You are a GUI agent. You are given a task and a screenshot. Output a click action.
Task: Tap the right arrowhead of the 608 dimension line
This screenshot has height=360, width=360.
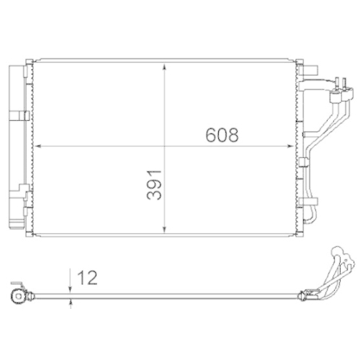point(292,146)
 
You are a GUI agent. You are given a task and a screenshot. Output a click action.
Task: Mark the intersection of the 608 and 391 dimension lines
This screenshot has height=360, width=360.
point(167,146)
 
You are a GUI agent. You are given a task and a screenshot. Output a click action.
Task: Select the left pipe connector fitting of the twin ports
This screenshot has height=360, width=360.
point(333,92)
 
